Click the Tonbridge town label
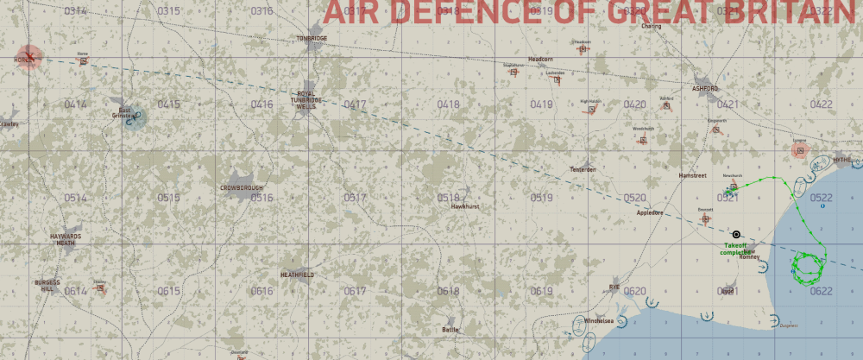(312, 39)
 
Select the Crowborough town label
(241, 187)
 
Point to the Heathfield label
(297, 275)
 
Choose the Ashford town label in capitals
(705, 88)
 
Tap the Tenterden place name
(583, 169)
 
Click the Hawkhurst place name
(464, 206)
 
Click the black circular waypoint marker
(736, 234)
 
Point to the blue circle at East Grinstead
(134, 117)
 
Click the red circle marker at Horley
(29, 57)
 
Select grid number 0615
(168, 291)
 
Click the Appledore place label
(648, 212)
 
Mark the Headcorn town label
(540, 59)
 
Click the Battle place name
(450, 330)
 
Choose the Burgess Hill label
(47, 286)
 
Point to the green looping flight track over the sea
(809, 267)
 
